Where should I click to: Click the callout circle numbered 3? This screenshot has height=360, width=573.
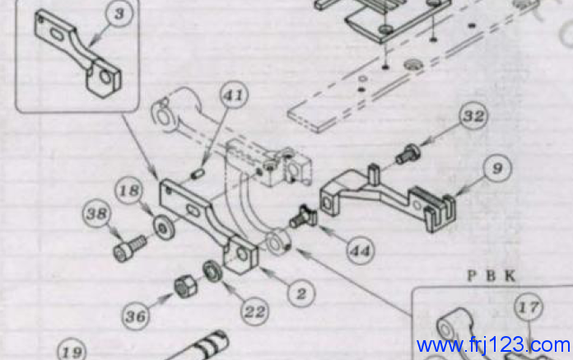[119, 13]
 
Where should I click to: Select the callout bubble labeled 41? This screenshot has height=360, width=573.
[234, 95]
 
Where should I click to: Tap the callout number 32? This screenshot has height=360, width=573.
[473, 116]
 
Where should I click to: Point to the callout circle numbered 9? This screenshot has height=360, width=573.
[497, 169]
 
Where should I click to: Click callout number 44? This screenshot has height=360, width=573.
[361, 250]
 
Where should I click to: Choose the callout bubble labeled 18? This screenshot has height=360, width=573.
[129, 190]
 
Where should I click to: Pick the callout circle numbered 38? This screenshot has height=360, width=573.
[97, 214]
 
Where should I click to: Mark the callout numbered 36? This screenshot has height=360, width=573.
[136, 316]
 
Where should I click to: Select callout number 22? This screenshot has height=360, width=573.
[254, 311]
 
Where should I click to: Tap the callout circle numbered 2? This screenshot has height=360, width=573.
[301, 293]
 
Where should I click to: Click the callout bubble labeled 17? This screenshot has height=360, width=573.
[529, 307]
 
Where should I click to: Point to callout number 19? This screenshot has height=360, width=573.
[72, 352]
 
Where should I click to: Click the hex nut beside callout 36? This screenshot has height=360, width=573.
[185, 286]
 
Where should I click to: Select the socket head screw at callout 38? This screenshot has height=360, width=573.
[130, 248]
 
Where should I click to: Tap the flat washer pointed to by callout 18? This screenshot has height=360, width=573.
[164, 228]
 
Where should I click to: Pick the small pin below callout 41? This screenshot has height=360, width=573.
[198, 173]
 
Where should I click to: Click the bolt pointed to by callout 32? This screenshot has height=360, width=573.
[408, 153]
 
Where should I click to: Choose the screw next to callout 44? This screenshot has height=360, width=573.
[303, 217]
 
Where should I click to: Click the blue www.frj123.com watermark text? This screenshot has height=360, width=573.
[493, 344]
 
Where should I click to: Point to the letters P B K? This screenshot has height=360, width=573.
[491, 276]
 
